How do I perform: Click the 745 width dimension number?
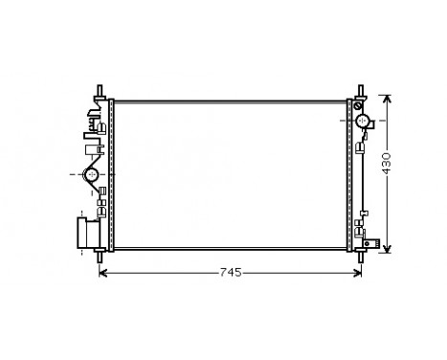(x=228, y=273)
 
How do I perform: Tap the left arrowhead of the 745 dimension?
(x=104, y=273)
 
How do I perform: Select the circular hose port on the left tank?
(x=93, y=174)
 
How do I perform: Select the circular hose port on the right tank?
(x=364, y=122)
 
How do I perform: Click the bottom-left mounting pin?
(x=100, y=256)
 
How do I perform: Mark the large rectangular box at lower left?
(x=88, y=233)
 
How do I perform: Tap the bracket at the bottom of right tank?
(x=360, y=229)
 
